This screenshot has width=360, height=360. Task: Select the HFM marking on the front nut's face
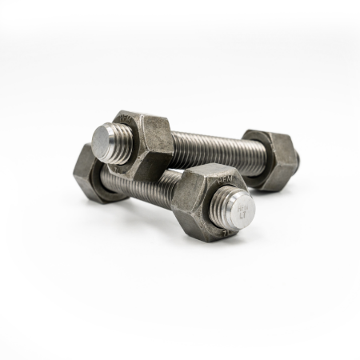coord(223,182)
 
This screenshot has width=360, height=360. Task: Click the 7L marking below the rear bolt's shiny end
coord(120,168)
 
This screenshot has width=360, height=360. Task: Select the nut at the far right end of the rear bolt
coord(276,160)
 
